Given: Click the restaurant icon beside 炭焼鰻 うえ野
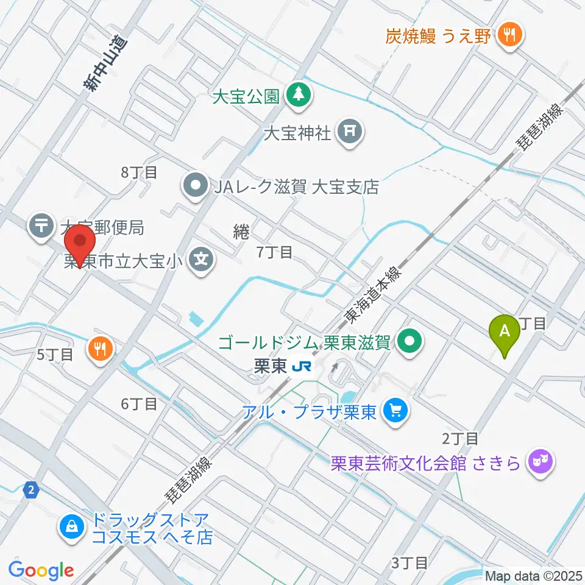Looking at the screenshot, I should (x=507, y=34).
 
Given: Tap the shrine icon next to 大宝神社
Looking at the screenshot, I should (x=351, y=132).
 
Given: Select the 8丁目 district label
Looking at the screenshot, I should (x=139, y=172).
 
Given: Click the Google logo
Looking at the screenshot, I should (x=41, y=570).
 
